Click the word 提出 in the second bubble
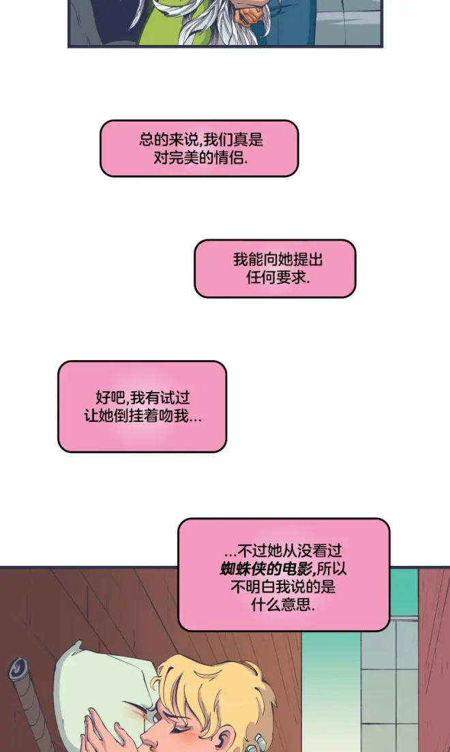[x=307, y=260]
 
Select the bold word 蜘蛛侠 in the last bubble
[x=243, y=569]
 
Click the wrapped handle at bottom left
[x=29, y=705]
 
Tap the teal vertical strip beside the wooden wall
[x=331, y=691]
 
